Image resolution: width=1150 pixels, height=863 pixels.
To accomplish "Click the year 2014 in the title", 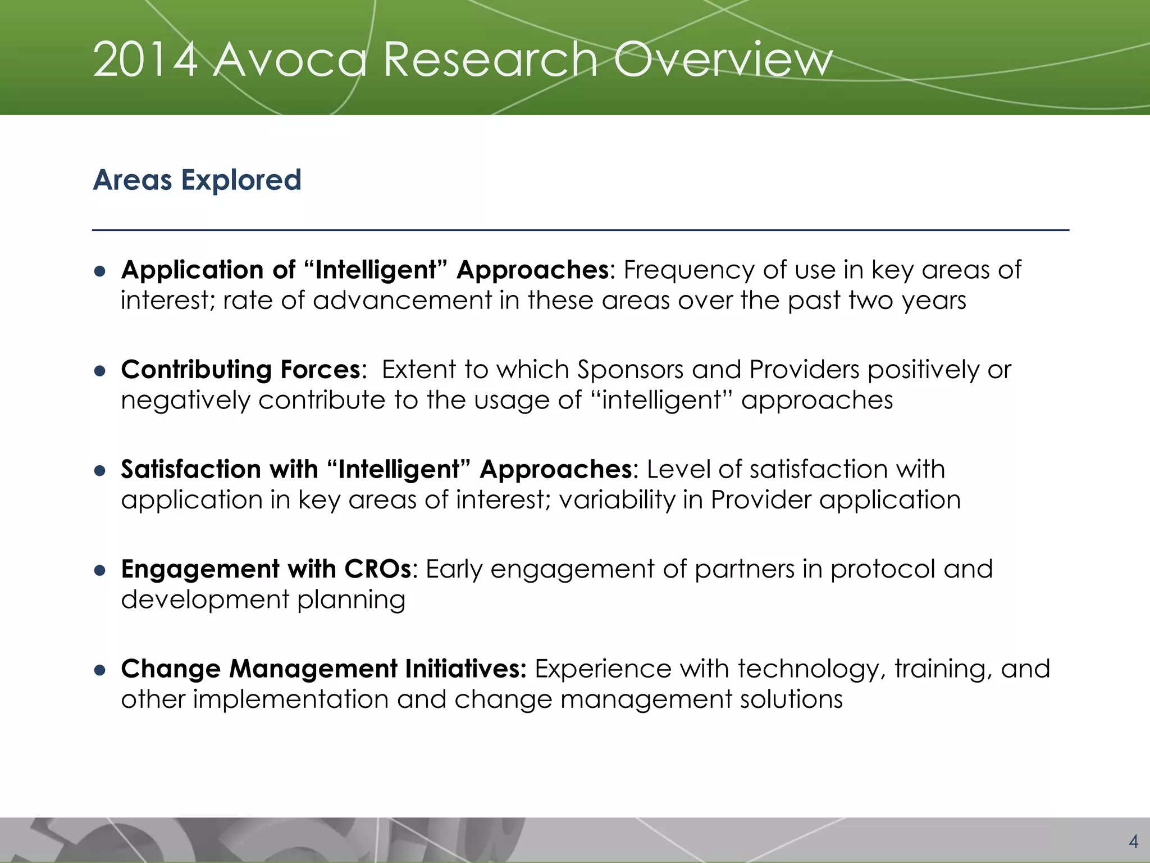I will click(x=145, y=60).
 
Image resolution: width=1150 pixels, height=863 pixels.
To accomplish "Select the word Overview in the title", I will click(x=722, y=60).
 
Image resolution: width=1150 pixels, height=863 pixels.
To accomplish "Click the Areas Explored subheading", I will click(x=197, y=180).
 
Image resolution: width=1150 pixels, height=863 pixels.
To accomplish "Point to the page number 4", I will click(x=1133, y=842).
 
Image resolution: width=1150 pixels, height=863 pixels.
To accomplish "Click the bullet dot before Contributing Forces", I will click(x=101, y=371).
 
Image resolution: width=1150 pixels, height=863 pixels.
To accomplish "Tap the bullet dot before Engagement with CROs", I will click(x=101, y=570).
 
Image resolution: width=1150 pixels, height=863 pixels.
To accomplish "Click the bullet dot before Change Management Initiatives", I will click(x=101, y=670).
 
